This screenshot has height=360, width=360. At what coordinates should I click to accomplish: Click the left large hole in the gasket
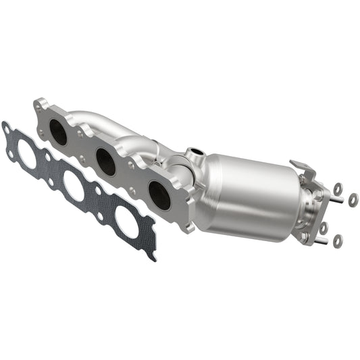[27, 155]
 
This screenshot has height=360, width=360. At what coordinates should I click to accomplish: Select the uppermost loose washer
[338, 188]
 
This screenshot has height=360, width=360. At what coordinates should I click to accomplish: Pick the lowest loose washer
[338, 239]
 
